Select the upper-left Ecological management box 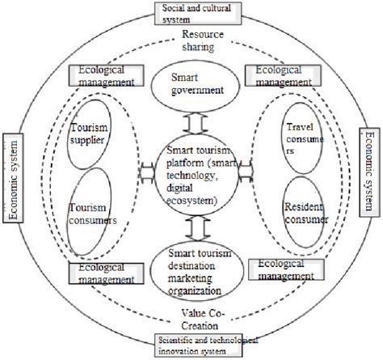[105, 76]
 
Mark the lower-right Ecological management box [282, 269]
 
